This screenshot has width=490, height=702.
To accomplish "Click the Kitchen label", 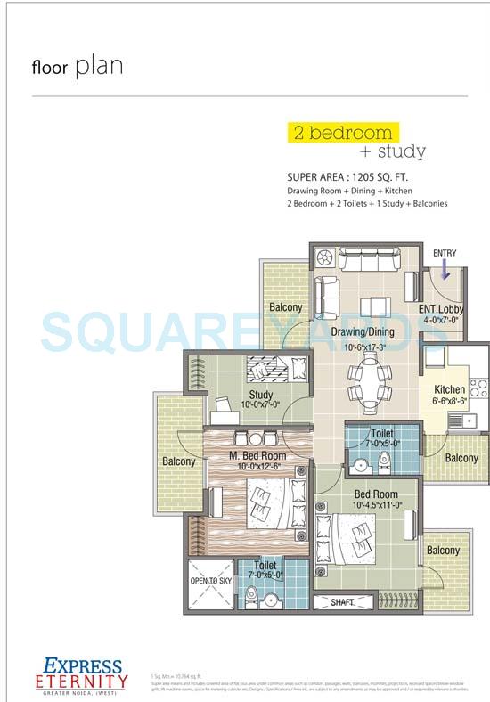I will point(449,389).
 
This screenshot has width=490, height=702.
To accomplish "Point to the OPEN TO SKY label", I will point(210,580).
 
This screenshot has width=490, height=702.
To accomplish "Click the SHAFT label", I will point(341,603).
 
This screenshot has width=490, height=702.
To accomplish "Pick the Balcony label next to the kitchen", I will point(461,458).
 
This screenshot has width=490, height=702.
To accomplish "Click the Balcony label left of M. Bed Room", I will point(178,461).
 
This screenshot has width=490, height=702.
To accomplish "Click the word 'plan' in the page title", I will point(98,66).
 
